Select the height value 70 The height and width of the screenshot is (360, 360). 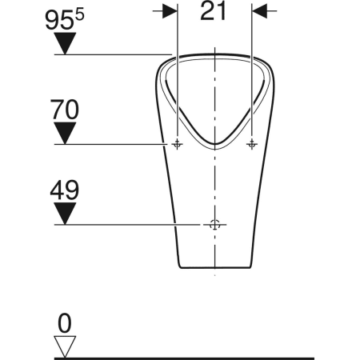coord(66,106)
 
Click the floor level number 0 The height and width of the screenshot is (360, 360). coord(65,322)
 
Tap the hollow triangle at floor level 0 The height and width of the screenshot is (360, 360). coord(65,346)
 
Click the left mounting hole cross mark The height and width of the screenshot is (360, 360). coord(177,144)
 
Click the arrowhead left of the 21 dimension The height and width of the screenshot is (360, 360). coord(169,10)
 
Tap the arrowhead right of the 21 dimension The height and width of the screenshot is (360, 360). coord(261,10)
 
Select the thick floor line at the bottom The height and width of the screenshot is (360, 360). coord(208,357)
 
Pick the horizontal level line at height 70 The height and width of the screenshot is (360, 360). coord(112,144)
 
